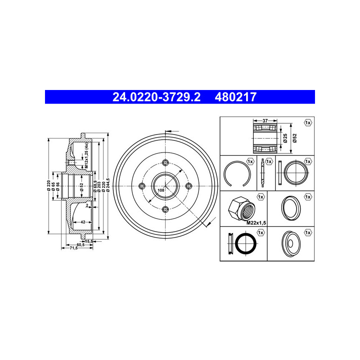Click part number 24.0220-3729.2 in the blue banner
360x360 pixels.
point(156,97)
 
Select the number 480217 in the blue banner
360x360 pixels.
point(235,97)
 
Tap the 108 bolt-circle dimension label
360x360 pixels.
point(161,190)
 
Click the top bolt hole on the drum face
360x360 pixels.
point(165,163)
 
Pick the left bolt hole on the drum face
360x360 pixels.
point(142,186)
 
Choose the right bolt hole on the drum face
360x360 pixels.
point(189,186)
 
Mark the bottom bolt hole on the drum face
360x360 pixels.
point(165,209)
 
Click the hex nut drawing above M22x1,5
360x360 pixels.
point(242,208)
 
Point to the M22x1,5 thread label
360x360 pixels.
point(256,223)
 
